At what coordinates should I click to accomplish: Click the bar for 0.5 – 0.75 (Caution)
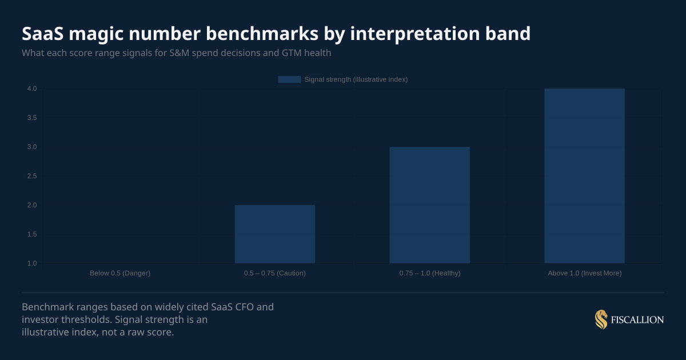(274, 234)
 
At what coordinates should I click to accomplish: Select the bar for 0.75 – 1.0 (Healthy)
(429, 205)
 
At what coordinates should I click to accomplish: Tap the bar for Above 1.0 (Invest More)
(584, 176)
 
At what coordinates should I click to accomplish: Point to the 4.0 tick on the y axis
(31, 89)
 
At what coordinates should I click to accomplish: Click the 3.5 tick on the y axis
(31, 118)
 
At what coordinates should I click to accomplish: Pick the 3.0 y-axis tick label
(31, 147)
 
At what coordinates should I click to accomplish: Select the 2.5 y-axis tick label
(31, 176)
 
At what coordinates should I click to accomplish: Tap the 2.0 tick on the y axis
(31, 205)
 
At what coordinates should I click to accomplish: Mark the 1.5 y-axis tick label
(31, 234)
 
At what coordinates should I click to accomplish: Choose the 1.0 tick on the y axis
(31, 263)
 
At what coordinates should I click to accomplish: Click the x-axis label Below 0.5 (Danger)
(120, 273)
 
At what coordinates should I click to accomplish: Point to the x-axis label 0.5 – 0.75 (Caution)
(275, 273)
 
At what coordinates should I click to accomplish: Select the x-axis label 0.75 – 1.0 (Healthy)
(430, 273)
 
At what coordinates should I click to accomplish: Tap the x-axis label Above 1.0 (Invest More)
(584, 273)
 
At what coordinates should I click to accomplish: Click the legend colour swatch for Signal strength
(289, 79)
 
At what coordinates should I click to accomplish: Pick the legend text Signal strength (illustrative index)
(356, 79)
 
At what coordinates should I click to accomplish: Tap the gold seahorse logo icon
(601, 319)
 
